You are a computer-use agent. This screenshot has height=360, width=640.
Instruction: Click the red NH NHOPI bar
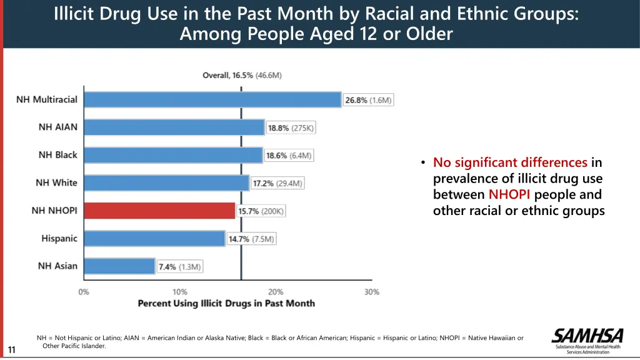[x=159, y=211]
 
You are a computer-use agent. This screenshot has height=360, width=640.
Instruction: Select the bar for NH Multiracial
[x=212, y=99]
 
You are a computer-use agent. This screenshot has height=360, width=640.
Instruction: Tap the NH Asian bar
[x=119, y=266]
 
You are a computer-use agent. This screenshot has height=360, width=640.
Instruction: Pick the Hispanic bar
[x=154, y=238]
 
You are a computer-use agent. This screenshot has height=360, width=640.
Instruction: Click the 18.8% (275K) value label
[x=291, y=128]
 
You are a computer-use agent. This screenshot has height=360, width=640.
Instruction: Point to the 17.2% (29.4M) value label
[x=278, y=183]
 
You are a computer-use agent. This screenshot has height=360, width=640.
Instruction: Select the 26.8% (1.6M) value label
[x=369, y=100]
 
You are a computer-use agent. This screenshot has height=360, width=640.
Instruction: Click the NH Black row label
[x=57, y=155]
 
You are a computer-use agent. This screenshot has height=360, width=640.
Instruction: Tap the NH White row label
[x=56, y=182]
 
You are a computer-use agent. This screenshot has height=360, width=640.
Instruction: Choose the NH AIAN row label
[x=58, y=127]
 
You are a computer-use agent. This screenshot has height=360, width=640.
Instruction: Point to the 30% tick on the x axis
[x=372, y=292]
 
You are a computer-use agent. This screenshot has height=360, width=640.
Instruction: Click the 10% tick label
[x=179, y=292]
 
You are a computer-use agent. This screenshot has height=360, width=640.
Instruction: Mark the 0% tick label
[x=84, y=292]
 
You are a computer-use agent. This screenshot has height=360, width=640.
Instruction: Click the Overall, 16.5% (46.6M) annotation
[x=242, y=76]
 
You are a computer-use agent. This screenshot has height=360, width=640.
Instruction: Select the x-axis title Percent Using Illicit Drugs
[x=226, y=304]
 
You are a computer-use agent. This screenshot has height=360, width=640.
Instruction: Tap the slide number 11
[x=11, y=350]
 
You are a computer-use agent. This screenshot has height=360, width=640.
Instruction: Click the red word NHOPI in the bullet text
[x=509, y=194]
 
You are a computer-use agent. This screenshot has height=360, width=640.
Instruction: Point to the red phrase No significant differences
[x=510, y=162]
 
